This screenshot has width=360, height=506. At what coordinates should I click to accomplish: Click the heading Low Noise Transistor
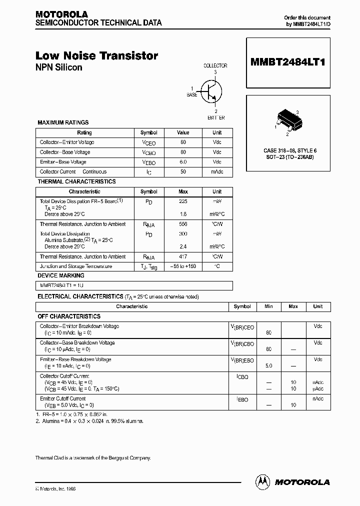96,56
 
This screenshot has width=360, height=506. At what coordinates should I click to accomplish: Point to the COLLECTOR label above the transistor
215,65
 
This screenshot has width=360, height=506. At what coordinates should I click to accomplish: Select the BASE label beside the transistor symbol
192,94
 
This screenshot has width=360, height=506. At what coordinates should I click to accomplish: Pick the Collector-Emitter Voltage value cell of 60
183,142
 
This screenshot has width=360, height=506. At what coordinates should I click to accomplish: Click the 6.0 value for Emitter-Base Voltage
183,162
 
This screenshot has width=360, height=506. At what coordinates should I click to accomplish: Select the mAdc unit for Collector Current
217,172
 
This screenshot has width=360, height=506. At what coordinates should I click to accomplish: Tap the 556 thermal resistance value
183,224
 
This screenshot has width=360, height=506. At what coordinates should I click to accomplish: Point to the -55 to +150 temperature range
183,266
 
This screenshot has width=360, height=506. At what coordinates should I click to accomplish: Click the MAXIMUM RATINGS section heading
63,122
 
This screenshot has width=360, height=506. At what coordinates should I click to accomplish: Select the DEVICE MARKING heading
61,275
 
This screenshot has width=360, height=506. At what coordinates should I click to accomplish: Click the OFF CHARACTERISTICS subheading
69,316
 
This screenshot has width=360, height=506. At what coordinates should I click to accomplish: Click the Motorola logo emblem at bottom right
263,481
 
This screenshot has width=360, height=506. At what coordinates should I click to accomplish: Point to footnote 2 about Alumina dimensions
90,421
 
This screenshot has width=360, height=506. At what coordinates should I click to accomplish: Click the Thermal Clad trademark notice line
93,458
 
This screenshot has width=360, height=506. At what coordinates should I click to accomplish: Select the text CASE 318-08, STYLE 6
290,150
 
